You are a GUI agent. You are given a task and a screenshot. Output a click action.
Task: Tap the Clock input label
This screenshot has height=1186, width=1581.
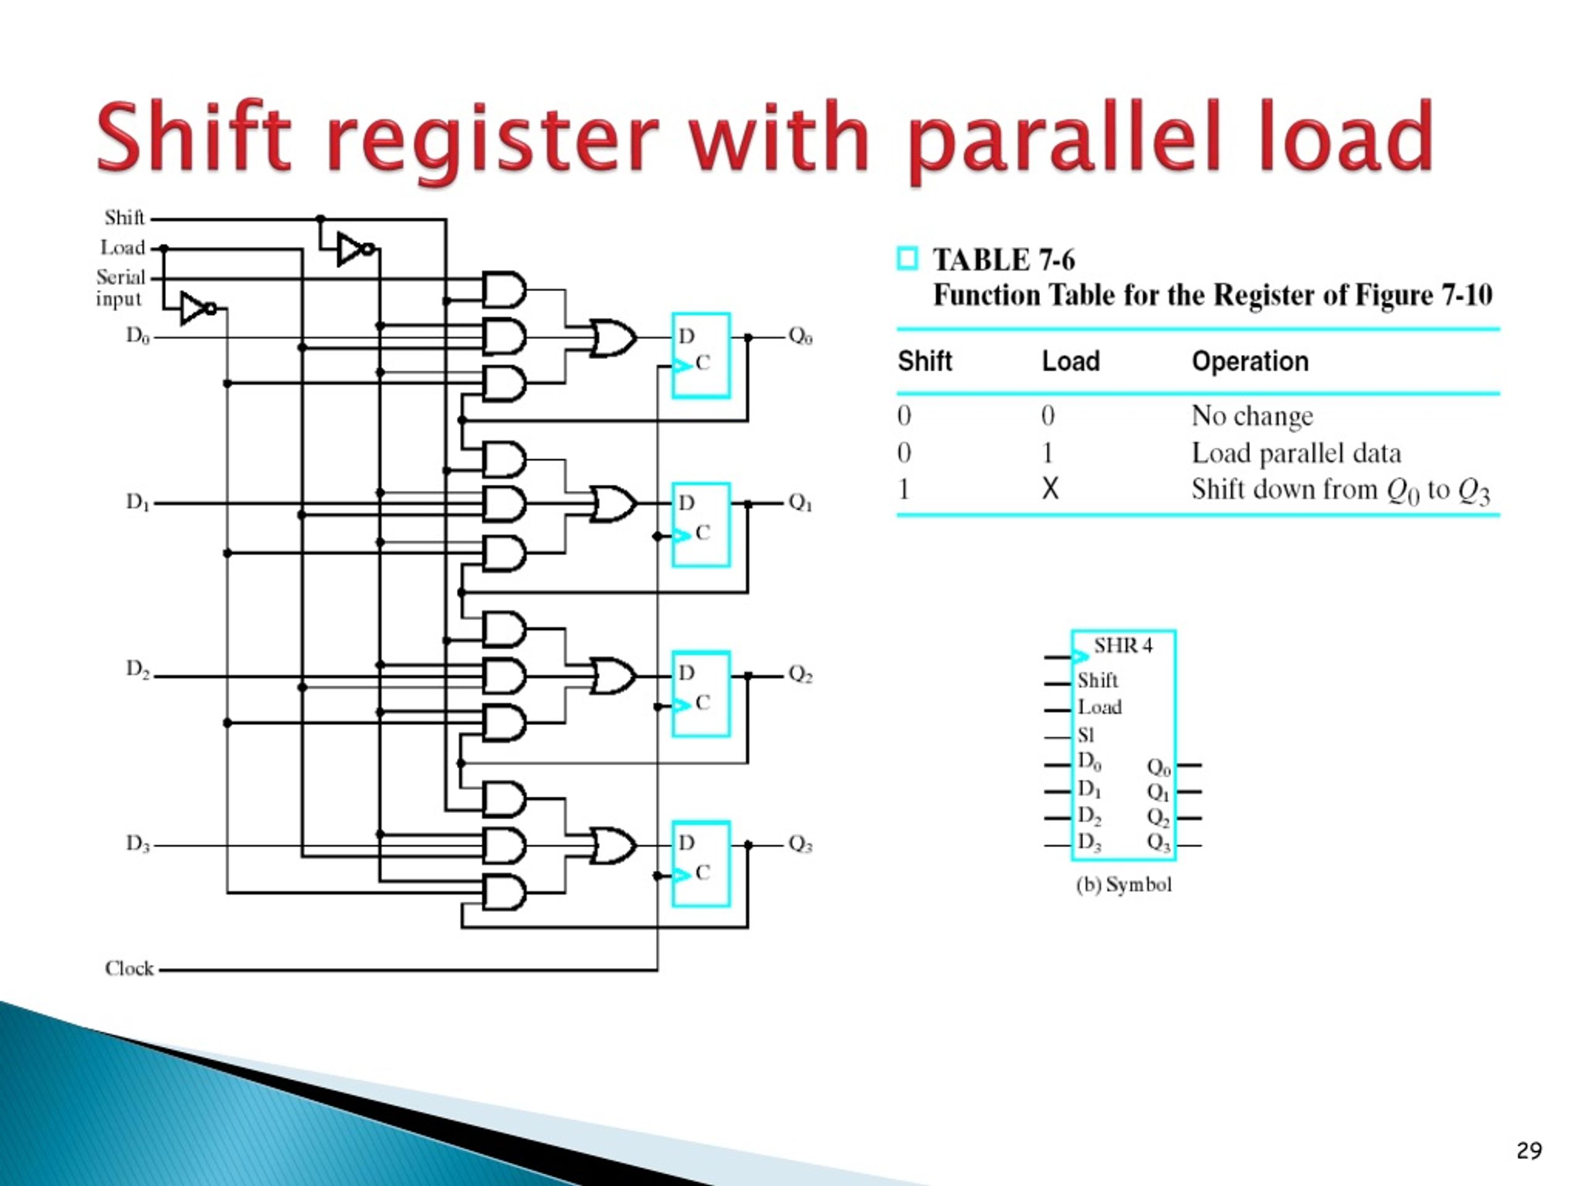128,969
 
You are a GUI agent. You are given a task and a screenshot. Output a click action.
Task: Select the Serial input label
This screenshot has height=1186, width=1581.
120,287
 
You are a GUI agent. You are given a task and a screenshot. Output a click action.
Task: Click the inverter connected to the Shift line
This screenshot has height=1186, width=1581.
354,249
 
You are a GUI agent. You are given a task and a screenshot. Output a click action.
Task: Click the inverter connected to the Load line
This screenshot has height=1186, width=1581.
196,308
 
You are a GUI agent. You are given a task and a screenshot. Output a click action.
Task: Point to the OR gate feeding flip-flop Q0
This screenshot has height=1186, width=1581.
613,337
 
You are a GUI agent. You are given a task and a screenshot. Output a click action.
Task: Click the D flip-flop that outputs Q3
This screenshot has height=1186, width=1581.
700,864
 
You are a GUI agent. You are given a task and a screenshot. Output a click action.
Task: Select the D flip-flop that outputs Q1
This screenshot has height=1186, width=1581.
700,524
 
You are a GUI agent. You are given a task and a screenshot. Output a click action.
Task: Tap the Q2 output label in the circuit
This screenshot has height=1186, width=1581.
800,674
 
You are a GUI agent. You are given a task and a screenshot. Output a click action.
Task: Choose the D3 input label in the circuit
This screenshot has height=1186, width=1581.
138,844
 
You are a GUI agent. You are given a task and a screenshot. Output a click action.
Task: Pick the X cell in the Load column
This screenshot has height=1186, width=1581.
1049,490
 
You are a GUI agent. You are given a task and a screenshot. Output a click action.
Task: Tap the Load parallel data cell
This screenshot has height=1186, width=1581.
1295,453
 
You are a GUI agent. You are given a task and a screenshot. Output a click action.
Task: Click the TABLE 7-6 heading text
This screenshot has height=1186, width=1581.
1003,260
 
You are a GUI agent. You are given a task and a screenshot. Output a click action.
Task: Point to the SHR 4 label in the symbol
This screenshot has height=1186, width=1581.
1123,646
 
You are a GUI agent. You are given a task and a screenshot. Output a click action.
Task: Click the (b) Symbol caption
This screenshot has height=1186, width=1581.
1123,885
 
